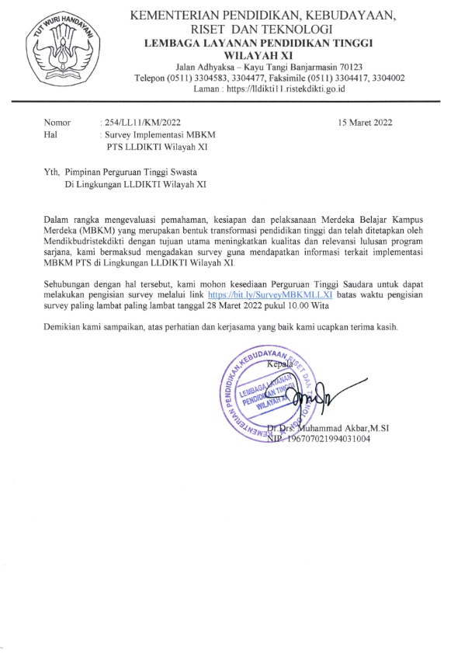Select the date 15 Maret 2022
click(366, 123)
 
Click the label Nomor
click(57, 123)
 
